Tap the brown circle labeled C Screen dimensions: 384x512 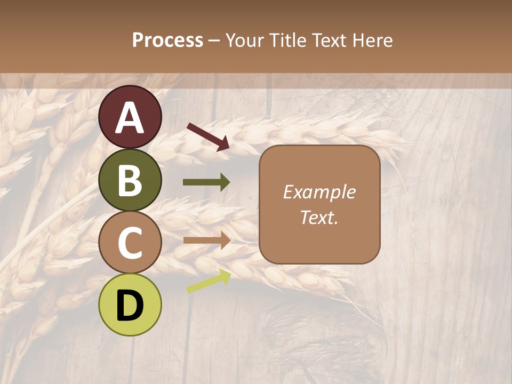130,243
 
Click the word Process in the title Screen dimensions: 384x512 167,41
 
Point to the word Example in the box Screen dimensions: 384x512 319,193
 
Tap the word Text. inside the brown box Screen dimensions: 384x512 319,217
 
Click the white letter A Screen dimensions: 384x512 130,118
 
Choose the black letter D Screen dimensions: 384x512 130,306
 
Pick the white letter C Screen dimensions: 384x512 130,243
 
